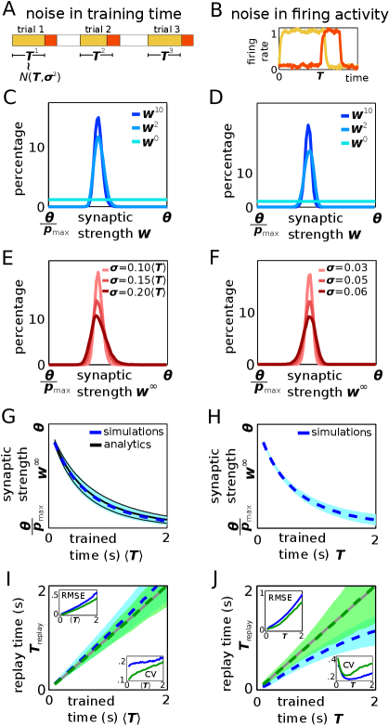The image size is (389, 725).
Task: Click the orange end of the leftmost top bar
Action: click(50, 40)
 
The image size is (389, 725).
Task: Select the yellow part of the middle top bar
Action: click(93, 40)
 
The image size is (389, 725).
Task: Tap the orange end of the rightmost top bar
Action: click(187, 40)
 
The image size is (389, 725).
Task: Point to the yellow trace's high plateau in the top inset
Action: click(300, 31)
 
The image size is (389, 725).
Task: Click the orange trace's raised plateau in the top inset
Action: click(331, 32)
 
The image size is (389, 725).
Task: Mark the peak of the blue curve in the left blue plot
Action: click(97, 118)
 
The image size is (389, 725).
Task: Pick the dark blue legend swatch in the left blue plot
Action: click(136, 115)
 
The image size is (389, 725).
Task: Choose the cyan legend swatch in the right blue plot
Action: click(345, 143)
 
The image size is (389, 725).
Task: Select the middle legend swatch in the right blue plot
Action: click(345, 130)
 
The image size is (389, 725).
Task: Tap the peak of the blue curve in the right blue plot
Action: click(308, 125)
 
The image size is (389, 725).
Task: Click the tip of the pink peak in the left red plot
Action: click(97, 272)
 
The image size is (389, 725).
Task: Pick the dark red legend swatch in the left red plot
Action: click(105, 291)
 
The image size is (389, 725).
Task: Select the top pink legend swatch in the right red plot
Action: click(321, 271)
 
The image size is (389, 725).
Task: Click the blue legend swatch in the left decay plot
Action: click(96, 432)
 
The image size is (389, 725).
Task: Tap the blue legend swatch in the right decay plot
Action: click(304, 433)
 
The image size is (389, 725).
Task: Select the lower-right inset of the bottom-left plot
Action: click(146, 668)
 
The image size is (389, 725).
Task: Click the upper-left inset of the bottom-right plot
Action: click(284, 610)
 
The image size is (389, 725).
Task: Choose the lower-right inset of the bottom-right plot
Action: click(355, 668)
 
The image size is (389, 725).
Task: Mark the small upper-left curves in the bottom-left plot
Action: click(80, 603)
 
